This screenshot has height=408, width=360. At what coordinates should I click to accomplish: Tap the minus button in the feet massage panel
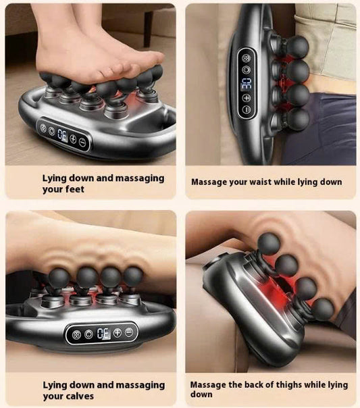point(82,143)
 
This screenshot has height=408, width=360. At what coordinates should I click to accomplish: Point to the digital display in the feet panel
point(61,135)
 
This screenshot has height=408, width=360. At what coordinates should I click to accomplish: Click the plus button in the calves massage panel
point(118,332)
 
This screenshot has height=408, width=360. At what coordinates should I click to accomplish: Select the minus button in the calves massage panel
point(129,332)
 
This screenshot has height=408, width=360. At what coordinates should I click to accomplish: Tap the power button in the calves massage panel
point(76,333)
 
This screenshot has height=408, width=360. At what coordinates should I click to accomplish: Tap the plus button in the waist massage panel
point(247,97)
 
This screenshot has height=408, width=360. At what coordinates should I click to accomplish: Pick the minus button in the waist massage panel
point(247,109)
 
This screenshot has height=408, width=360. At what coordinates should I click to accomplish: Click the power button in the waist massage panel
point(246,57)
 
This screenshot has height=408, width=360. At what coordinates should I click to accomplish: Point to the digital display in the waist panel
point(247,83)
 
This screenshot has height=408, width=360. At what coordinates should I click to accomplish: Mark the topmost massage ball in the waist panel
point(297,46)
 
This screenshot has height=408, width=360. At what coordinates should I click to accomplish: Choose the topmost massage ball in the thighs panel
point(270,243)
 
